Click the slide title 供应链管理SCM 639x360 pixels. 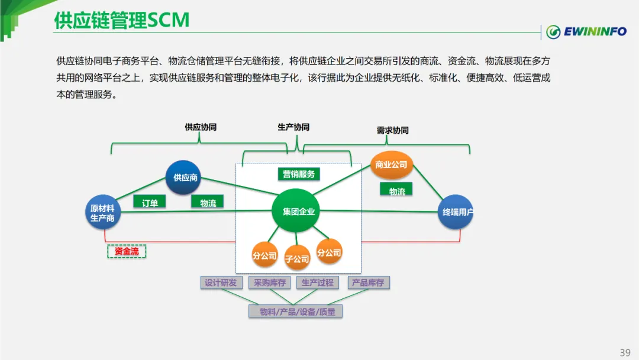tap(122, 20)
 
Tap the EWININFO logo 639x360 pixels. tap(586, 31)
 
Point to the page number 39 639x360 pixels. tap(625, 352)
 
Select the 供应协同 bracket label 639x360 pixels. tap(201, 127)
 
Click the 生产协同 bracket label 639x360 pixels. tap(293, 127)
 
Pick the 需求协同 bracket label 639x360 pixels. tap(392, 130)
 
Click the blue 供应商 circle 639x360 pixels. tap(183, 178)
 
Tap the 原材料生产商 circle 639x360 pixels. tap(103, 213)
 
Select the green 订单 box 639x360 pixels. tap(150, 202)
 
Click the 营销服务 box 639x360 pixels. tap(299, 174)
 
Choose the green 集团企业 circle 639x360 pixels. tap(296, 211)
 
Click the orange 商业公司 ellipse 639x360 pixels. tap(391, 165)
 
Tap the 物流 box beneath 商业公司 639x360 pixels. tap(396, 191)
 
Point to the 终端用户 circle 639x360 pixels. tap(456, 212)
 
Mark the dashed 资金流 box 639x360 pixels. tap(127, 251)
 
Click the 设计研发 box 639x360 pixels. tap(221, 282)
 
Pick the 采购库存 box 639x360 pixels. tap(269, 282)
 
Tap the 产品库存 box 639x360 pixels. tap(369, 282)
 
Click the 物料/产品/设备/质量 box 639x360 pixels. tap(295, 311)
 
